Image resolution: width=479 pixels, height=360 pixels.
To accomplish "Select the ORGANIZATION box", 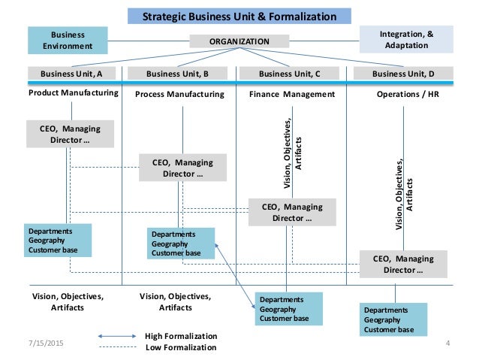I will [239, 42].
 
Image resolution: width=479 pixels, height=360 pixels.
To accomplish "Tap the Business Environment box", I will [68, 39].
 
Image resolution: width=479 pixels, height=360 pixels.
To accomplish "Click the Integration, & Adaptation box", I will [406, 39].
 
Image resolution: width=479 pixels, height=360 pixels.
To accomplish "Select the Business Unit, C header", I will [289, 74].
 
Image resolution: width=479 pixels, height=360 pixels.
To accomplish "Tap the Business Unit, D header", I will [404, 74].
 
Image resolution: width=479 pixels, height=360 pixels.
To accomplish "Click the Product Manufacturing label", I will [74, 94].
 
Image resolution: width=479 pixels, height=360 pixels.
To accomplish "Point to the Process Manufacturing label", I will [179, 95].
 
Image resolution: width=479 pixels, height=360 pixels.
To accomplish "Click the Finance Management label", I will [291, 95].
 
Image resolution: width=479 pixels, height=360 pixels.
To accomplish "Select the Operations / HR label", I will [405, 95].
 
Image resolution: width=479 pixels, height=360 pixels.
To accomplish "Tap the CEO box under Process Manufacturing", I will [182, 168].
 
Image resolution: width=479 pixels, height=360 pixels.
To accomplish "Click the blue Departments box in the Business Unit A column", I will [59, 240].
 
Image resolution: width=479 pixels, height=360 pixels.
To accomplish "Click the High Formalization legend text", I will [180, 336].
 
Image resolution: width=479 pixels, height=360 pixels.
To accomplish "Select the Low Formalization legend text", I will [180, 347].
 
